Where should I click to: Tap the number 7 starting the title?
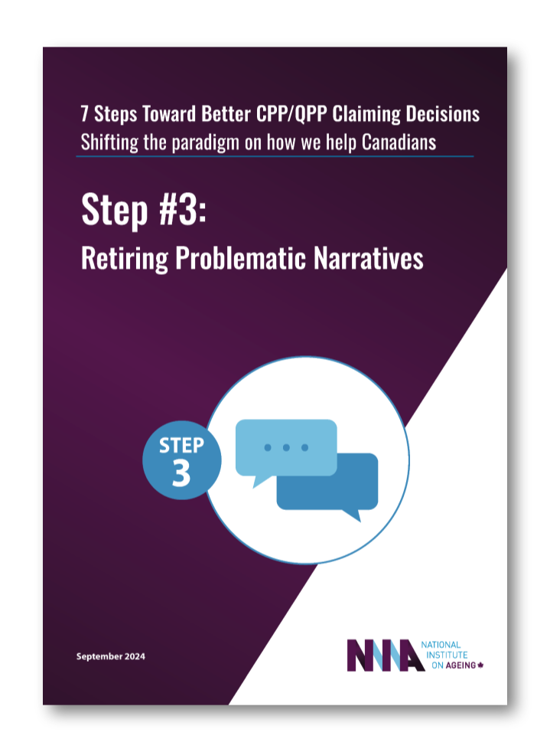(x=84, y=115)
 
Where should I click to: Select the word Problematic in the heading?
(x=240, y=259)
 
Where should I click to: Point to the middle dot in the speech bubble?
(x=286, y=447)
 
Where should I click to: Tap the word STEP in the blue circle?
(x=181, y=446)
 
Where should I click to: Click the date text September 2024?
(x=111, y=657)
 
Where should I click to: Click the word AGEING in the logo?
(x=458, y=665)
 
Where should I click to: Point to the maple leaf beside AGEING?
(x=481, y=665)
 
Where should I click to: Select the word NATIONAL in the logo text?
(x=441, y=645)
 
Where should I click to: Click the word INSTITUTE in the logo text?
(x=443, y=655)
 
